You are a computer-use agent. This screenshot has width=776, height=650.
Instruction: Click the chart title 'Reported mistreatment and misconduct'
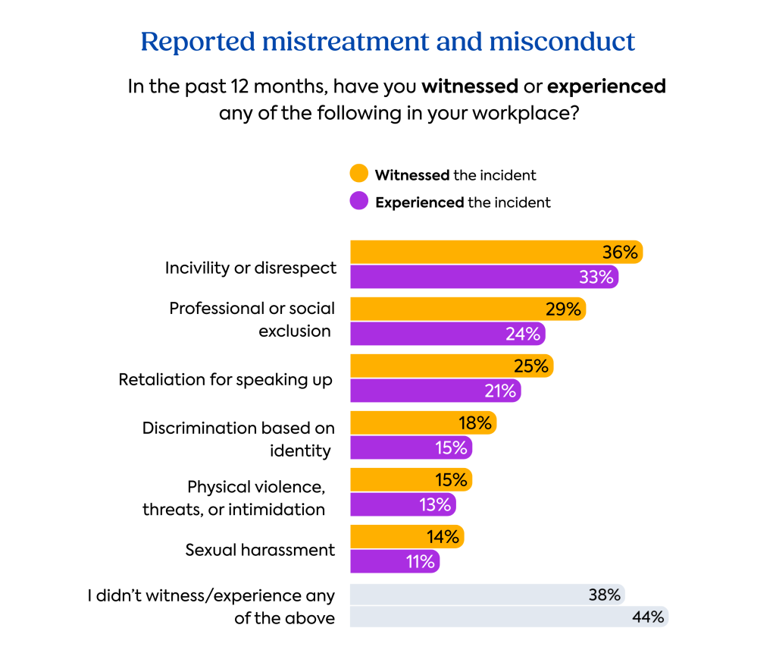pos(387,42)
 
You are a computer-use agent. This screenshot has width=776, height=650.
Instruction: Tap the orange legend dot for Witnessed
pos(359,174)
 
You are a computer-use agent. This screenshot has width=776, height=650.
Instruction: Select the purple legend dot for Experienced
pos(359,202)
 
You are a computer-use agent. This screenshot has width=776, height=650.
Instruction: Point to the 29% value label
pos(563,309)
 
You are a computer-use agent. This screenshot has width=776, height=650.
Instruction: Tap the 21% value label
pos(499,391)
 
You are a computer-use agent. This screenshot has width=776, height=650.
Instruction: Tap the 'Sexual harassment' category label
pos(260,550)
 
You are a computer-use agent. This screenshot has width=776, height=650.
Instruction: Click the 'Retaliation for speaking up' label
pos(226,379)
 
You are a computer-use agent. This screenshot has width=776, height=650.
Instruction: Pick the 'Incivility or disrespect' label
pos(251,268)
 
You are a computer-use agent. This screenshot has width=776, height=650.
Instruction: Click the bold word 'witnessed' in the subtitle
pos(470,86)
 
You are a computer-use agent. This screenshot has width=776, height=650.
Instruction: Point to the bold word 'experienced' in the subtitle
pos(606,86)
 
